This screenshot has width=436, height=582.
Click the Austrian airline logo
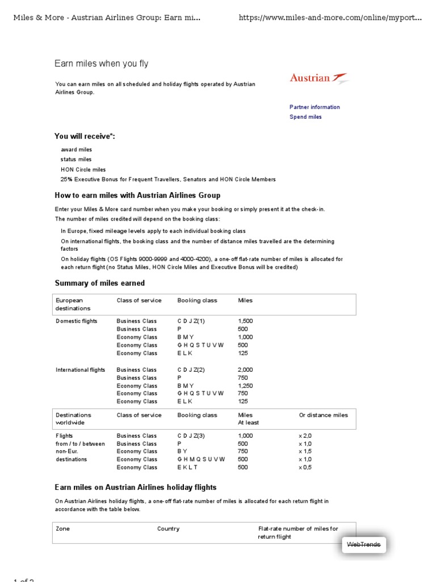tap(319, 78)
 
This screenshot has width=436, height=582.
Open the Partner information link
tap(315, 107)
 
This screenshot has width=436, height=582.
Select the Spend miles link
tap(305, 117)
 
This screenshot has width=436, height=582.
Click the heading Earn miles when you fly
tap(101, 64)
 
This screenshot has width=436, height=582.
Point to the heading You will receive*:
tap(85, 136)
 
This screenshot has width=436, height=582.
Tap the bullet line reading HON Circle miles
tap(83, 169)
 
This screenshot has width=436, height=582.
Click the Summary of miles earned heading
tap(99, 283)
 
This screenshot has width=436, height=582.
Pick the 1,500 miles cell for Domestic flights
tap(245, 321)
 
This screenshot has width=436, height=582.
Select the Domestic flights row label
tap(76, 321)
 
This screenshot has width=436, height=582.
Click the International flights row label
tap(80, 370)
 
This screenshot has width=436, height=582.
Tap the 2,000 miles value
tap(245, 370)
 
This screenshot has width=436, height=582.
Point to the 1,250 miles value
tap(245, 385)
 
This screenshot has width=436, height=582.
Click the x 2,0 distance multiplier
tap(305, 436)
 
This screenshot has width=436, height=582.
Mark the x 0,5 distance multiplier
tap(305, 467)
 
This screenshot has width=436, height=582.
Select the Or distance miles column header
tap(323, 415)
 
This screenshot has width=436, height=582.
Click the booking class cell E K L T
tap(187, 467)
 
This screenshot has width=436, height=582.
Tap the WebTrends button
tap(363, 544)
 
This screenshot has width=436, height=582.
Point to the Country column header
tap(168, 529)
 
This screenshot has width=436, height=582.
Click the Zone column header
tap(62, 529)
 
